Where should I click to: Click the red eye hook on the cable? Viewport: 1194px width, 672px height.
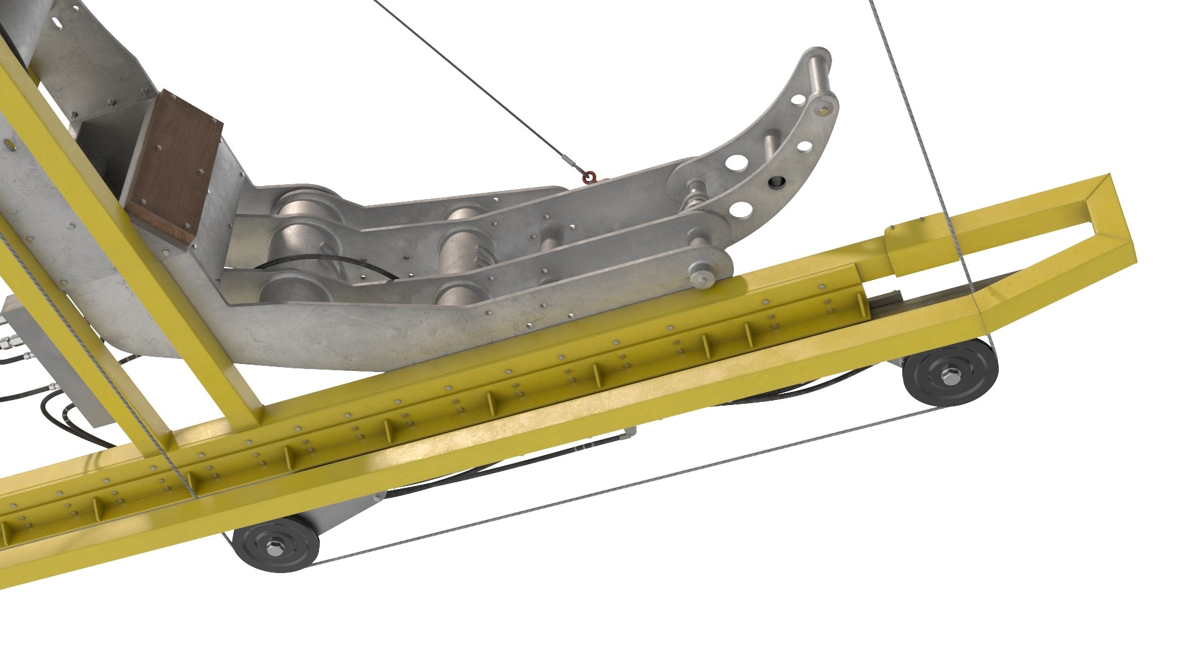coord(590,179)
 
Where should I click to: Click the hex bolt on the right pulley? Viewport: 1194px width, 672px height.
coord(950,375)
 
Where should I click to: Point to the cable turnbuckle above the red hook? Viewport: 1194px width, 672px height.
coord(571,164)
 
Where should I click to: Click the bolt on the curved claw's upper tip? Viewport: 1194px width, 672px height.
coord(825,110)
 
